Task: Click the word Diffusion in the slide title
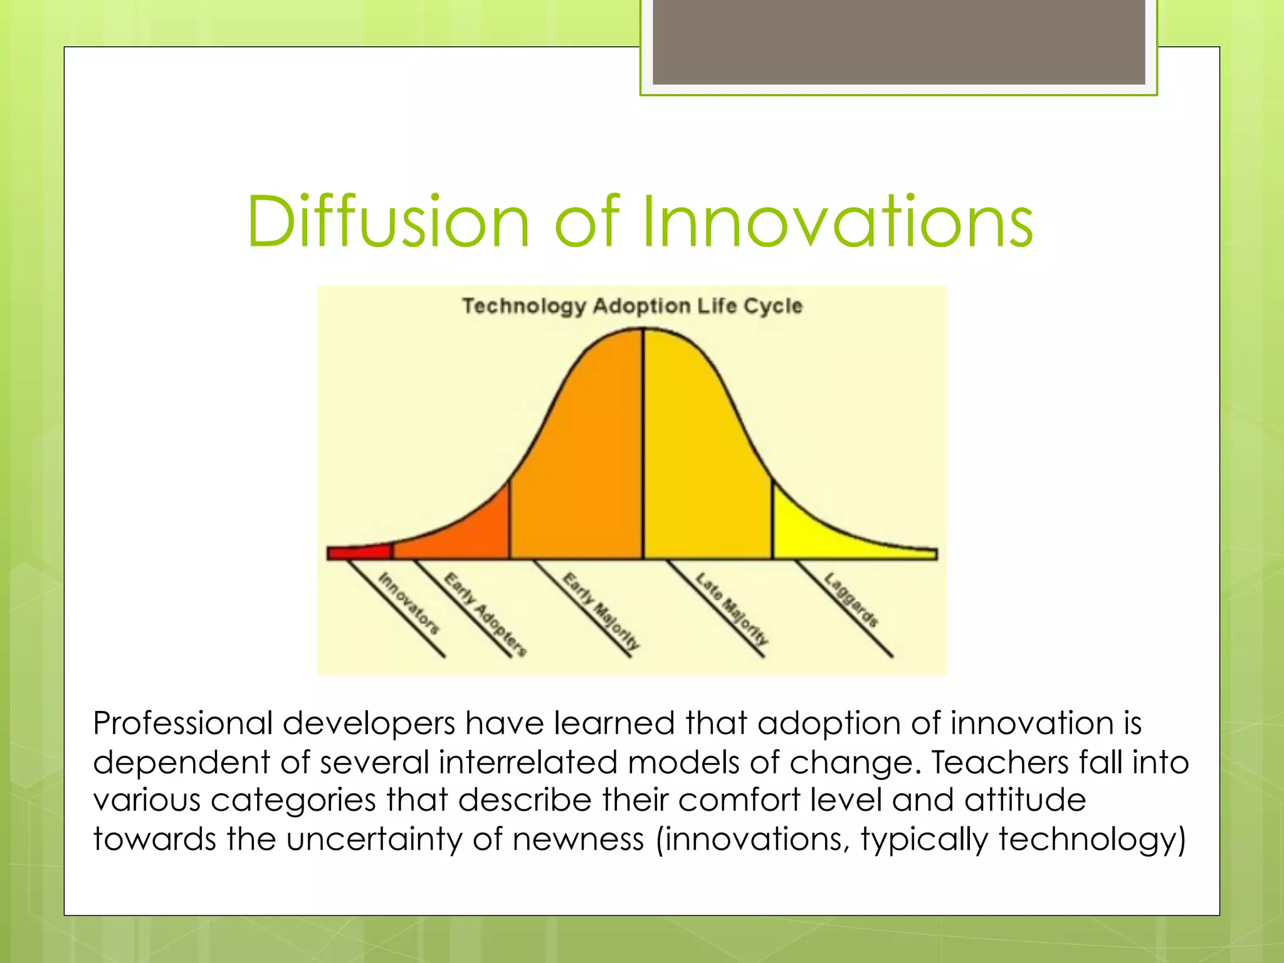(389, 223)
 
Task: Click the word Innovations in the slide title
(837, 223)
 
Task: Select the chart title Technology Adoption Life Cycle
(632, 306)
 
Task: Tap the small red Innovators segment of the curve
(359, 553)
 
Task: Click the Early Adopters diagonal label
(485, 614)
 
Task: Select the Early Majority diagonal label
(601, 611)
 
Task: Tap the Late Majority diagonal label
(732, 609)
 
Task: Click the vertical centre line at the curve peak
(643, 439)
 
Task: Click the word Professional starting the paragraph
(182, 724)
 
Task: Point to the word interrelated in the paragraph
(528, 762)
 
